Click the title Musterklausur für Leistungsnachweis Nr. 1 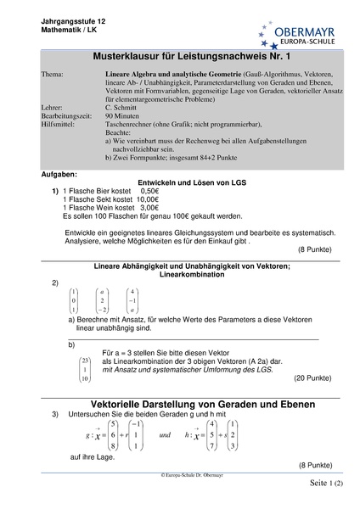point(179,58)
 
